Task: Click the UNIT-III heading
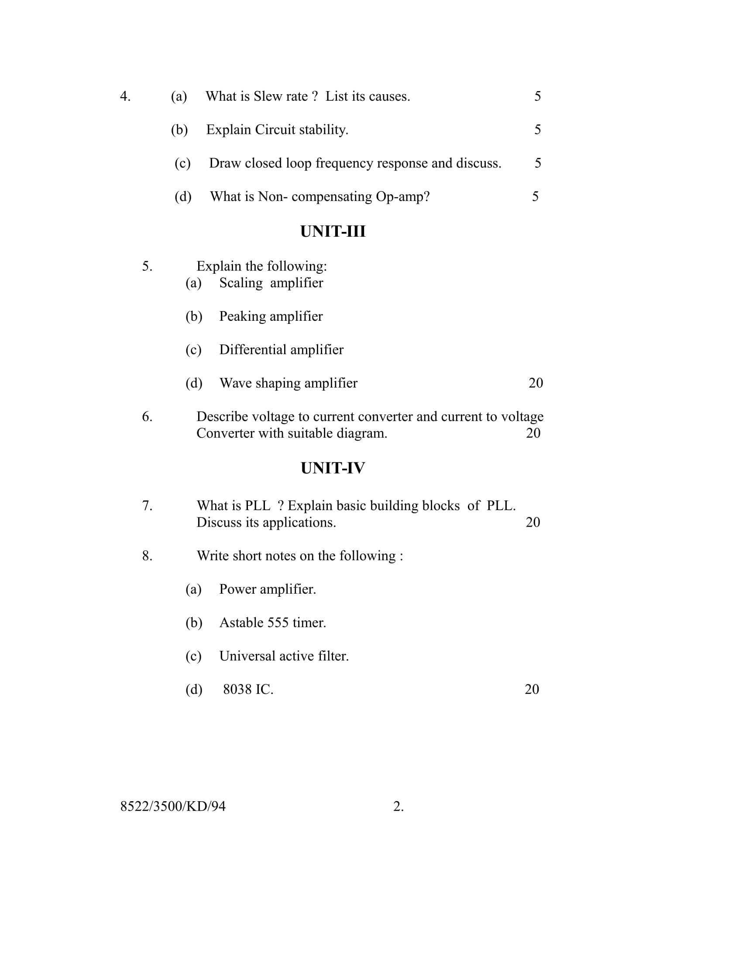tap(333, 231)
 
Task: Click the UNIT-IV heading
tap(333, 468)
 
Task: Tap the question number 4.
tap(125, 96)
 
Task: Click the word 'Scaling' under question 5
tap(241, 283)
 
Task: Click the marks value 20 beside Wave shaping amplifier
tap(536, 383)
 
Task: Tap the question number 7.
tap(147, 505)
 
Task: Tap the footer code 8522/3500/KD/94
tap(173, 806)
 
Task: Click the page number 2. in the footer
tap(398, 806)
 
